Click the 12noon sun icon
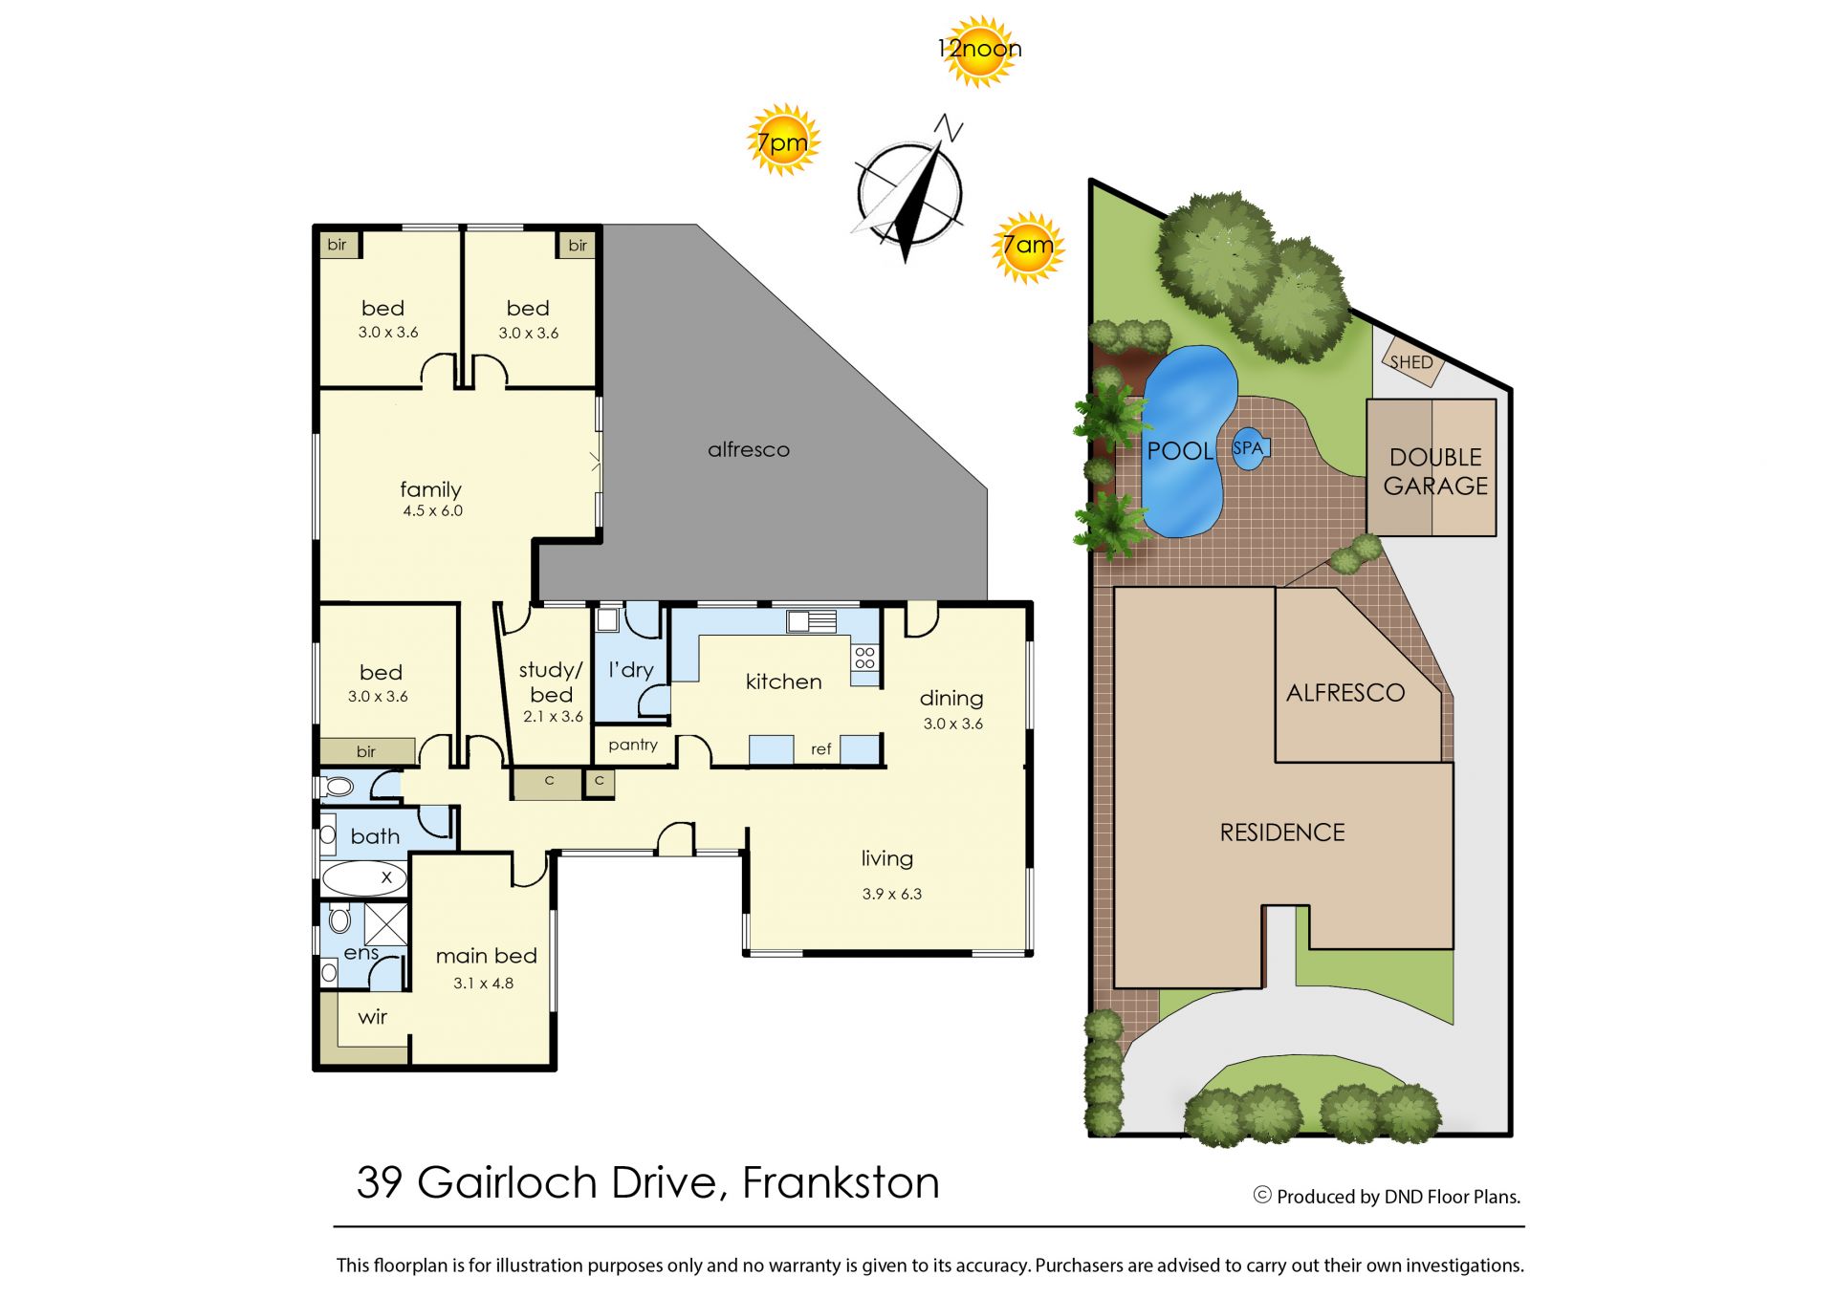[979, 50]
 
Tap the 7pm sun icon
[783, 141]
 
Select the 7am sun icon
[1028, 248]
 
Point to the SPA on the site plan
[1249, 448]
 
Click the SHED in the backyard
[1411, 361]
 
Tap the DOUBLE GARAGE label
[1435, 472]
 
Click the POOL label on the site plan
[1180, 451]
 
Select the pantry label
[633, 746]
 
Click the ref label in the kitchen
[820, 749]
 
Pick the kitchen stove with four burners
[864, 657]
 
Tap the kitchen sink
[811, 621]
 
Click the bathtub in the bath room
[363, 877]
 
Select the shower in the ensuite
[386, 923]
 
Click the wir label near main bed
[373, 1017]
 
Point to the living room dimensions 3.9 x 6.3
[892, 895]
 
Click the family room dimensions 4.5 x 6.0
[432, 511]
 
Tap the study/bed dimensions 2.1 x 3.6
[553, 717]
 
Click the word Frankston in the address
[841, 1183]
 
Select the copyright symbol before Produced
[1262, 1195]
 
